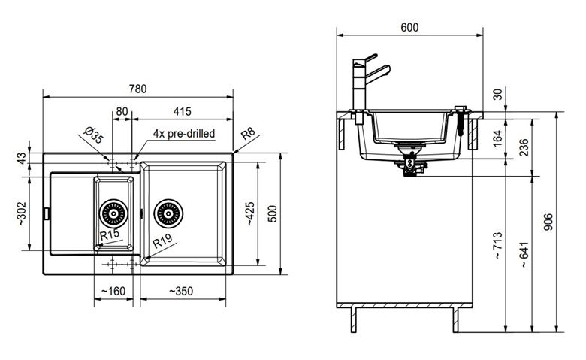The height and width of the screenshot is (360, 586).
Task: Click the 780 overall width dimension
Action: [x=138, y=89]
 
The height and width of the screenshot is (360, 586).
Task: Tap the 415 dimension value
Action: [x=182, y=111]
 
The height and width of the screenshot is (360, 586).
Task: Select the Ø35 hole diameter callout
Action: [x=93, y=135]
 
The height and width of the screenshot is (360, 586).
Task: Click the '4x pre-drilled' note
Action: [x=184, y=134]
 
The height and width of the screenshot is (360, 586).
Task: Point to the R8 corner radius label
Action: [x=248, y=134]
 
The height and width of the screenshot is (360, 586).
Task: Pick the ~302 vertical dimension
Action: [x=22, y=213]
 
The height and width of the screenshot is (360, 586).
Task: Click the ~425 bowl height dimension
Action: [x=249, y=213]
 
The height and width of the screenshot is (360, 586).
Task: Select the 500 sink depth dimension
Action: [x=273, y=213]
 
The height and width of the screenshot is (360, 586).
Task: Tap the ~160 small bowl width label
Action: [x=113, y=291]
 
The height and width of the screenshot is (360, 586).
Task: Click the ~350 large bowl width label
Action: [x=181, y=291]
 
